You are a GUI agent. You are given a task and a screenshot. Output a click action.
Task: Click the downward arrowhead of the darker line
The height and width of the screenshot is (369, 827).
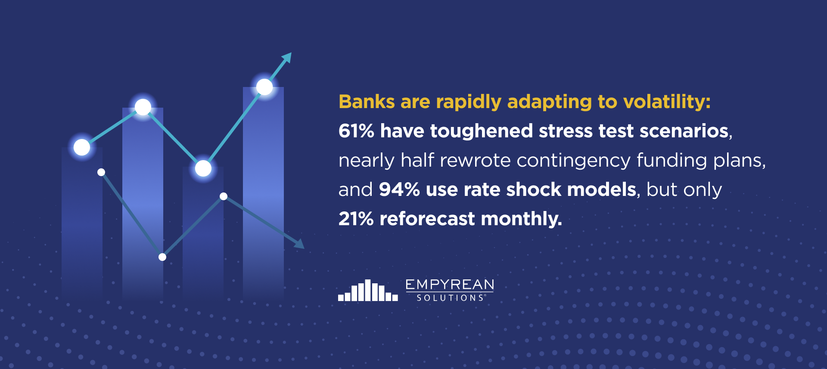pos(299,244)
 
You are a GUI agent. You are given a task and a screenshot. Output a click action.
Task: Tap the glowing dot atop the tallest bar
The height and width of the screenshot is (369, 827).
pos(264,87)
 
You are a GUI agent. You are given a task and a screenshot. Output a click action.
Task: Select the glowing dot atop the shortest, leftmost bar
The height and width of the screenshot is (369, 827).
pos(82,147)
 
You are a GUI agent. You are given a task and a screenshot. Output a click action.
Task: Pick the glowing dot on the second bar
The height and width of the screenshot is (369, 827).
pos(143,107)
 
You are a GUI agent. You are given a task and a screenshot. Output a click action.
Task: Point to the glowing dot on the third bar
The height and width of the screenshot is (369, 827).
pos(203,168)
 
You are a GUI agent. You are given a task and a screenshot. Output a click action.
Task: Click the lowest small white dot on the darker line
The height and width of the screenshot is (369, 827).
pos(162,257)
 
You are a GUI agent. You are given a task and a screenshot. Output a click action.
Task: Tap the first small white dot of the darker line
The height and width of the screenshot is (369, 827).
pos(101,172)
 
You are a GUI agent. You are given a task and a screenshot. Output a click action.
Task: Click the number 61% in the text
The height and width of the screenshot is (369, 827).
pos(356,131)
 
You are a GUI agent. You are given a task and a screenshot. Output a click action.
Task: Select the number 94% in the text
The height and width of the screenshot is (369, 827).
pos(399,189)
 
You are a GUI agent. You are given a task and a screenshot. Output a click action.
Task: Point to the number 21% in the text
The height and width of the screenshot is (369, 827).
pos(356,219)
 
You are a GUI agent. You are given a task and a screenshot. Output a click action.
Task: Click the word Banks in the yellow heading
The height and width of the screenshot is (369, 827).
pos(367,102)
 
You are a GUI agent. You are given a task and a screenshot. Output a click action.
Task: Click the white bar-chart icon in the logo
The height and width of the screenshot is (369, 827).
pos(368,290)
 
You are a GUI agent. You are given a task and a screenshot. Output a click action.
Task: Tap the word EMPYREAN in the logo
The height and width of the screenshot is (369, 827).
pos(450,285)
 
